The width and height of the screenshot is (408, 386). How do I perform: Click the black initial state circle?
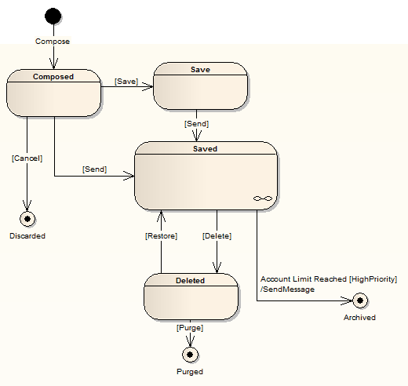53,16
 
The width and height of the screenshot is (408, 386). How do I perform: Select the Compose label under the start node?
53,41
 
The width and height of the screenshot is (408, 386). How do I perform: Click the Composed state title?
53,77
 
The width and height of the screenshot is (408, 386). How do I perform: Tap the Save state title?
200,70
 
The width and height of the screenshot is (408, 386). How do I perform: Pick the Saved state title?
206,148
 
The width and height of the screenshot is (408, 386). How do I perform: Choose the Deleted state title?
190,280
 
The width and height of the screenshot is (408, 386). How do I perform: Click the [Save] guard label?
126,81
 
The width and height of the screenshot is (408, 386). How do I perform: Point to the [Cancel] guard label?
27,158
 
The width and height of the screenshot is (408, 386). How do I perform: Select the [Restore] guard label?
161,235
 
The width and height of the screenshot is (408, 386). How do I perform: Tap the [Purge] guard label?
190,327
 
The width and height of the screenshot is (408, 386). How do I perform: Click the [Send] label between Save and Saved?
196,123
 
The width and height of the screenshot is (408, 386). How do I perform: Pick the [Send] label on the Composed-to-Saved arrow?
94,169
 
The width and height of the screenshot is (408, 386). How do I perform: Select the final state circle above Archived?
359,300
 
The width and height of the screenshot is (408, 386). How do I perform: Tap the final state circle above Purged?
190,354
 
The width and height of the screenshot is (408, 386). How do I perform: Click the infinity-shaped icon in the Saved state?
262,200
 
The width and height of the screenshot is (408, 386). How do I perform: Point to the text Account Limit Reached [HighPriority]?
328,279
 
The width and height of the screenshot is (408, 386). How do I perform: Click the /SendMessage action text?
287,289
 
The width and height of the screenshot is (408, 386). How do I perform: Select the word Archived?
359,318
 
